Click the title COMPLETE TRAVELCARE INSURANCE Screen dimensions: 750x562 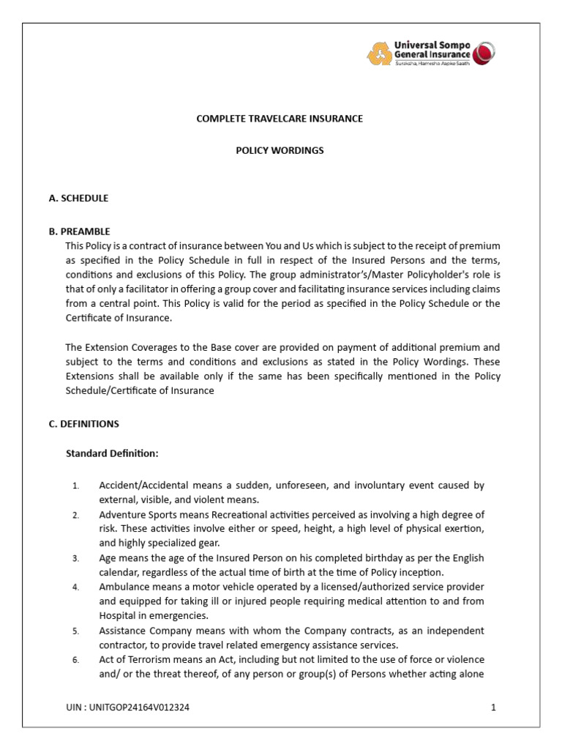click(x=280, y=119)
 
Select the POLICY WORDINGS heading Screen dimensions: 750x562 click(x=280, y=151)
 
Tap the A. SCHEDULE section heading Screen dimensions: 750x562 click(x=78, y=198)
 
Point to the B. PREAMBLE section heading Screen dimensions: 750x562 click(x=79, y=231)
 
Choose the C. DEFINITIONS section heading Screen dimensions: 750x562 click(x=83, y=424)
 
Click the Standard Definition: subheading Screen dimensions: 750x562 click(x=112, y=453)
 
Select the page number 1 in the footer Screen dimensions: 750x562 click(x=494, y=708)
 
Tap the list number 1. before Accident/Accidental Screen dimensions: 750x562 click(x=75, y=486)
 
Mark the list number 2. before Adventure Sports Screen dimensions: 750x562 click(x=75, y=516)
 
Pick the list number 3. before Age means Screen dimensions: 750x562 click(x=75, y=559)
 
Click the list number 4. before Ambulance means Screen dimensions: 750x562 click(x=75, y=588)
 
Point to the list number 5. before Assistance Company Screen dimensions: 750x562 click(x=75, y=631)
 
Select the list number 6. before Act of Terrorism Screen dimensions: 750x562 click(x=75, y=661)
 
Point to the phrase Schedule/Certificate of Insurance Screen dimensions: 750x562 click(x=140, y=390)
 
